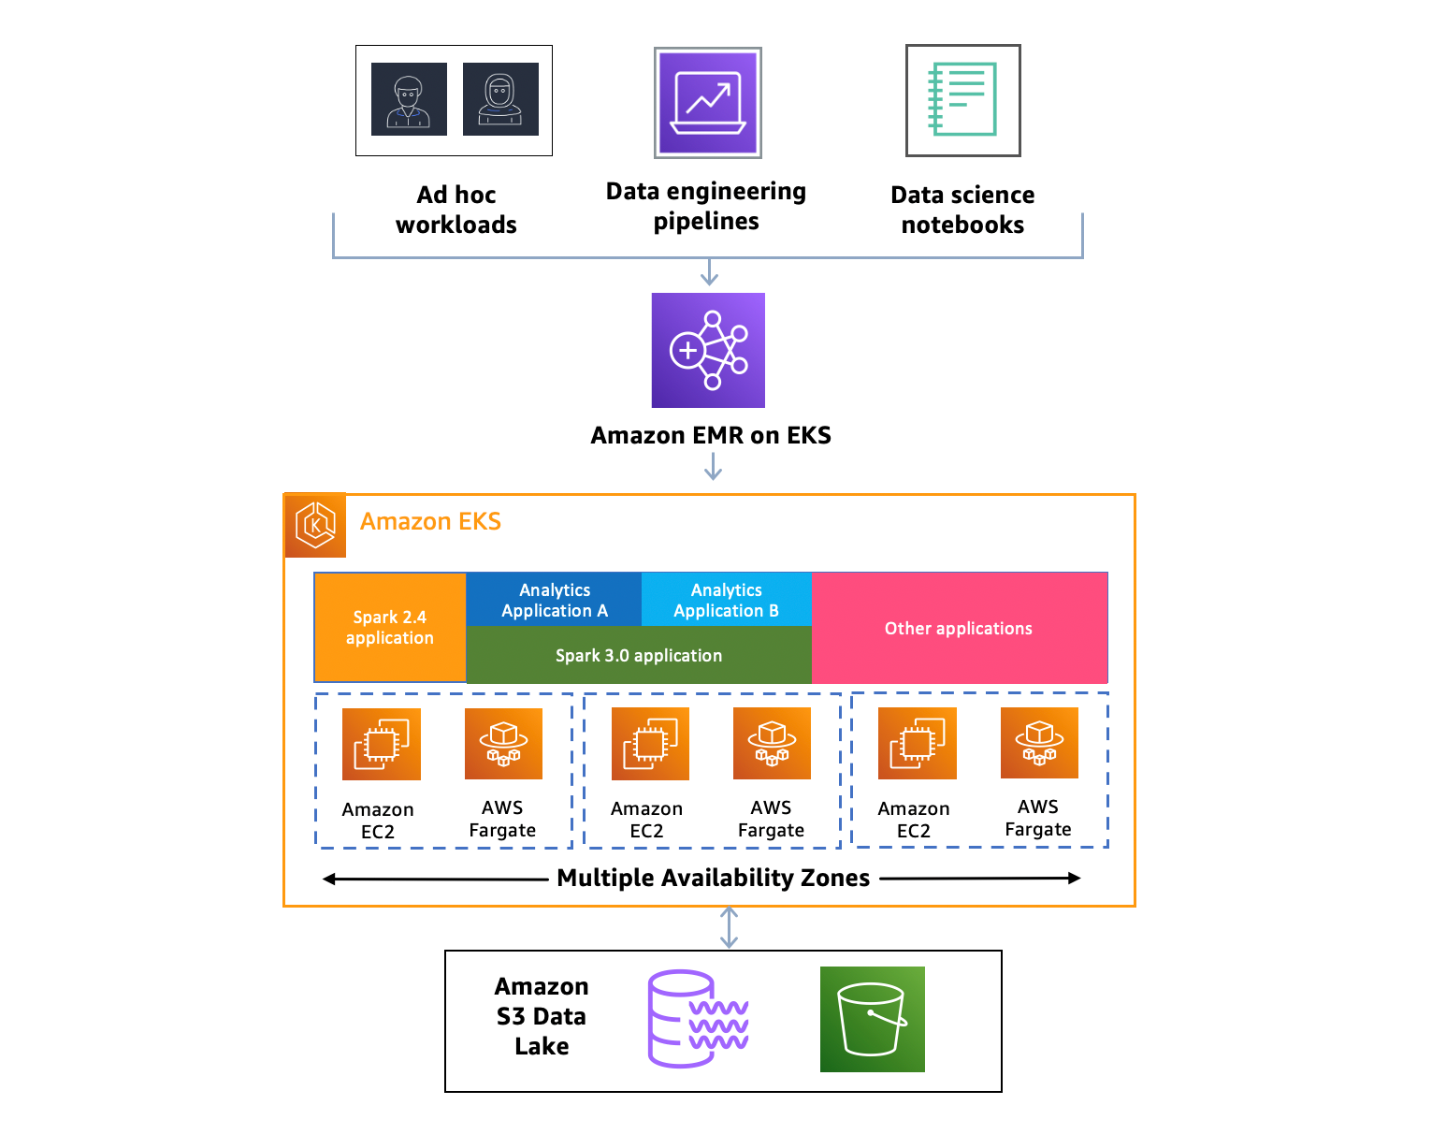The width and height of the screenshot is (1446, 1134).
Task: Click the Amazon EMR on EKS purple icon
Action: click(708, 350)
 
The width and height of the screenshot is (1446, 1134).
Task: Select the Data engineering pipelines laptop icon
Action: click(708, 103)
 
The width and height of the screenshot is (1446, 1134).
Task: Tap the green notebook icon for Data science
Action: click(962, 100)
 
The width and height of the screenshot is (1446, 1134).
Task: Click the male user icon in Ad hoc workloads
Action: click(409, 99)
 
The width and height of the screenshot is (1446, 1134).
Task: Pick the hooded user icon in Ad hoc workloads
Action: click(500, 99)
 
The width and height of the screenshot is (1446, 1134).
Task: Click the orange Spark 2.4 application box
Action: click(390, 628)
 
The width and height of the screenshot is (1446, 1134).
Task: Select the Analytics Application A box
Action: click(554, 600)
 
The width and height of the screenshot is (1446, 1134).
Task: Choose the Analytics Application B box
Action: click(726, 600)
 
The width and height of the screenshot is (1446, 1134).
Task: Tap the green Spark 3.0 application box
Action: click(639, 655)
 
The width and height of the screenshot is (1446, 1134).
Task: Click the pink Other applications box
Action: click(959, 628)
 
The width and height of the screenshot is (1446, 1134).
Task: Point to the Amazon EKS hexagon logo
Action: click(315, 525)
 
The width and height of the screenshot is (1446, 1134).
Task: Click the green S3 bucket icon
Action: click(872, 1019)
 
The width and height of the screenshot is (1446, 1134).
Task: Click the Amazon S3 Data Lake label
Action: click(542, 1016)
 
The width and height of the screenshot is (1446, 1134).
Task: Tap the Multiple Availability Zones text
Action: click(713, 878)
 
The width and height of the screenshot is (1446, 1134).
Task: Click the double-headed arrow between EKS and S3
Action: click(729, 928)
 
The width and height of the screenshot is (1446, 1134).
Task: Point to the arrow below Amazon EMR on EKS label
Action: click(713, 466)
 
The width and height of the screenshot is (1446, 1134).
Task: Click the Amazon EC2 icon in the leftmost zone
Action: click(381, 744)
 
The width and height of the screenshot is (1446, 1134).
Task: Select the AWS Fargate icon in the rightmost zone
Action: click(1039, 743)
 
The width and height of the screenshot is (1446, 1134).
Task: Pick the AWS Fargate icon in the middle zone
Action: click(772, 744)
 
